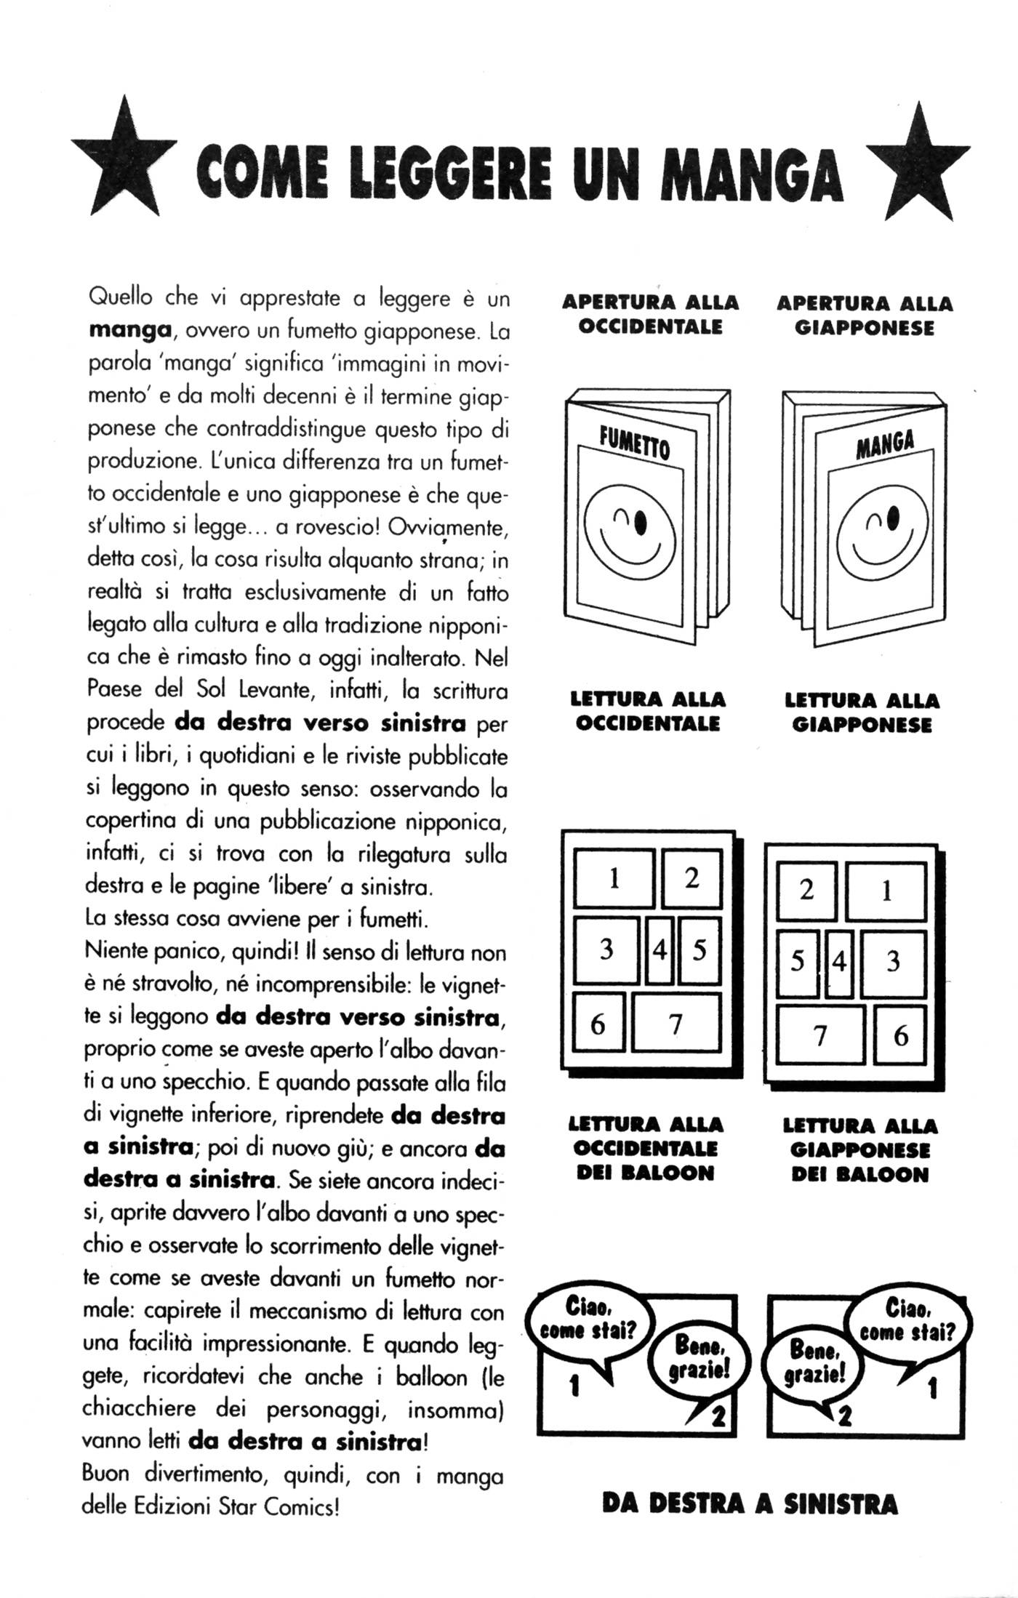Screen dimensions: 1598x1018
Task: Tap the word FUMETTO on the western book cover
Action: tap(633, 443)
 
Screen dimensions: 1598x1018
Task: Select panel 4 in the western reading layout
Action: tap(659, 949)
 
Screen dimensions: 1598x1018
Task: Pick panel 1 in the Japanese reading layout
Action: tap(886, 891)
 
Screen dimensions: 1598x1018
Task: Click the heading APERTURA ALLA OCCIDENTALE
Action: tap(651, 314)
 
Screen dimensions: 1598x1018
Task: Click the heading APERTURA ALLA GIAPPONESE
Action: tap(865, 315)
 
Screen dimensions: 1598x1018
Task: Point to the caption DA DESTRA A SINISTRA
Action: tap(750, 1503)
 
